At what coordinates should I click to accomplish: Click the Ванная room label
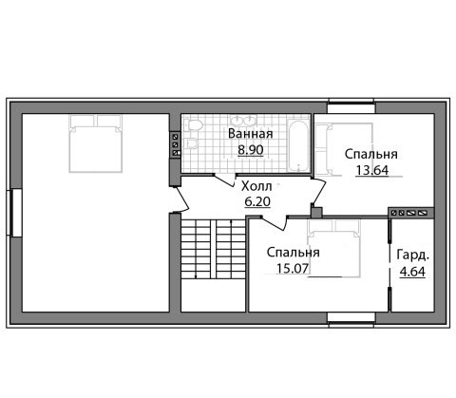pyautogui.click(x=250, y=134)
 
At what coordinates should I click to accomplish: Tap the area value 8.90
pyautogui.click(x=251, y=150)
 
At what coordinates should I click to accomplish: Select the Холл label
pyautogui.click(x=256, y=186)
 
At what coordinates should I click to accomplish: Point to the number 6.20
pyautogui.click(x=257, y=201)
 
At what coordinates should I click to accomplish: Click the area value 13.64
pyautogui.click(x=372, y=170)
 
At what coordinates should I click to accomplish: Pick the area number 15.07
pyautogui.click(x=293, y=269)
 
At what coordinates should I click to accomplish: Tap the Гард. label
pyautogui.click(x=413, y=256)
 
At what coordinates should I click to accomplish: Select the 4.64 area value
pyautogui.click(x=412, y=272)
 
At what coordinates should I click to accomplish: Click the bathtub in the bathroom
pyautogui.click(x=298, y=146)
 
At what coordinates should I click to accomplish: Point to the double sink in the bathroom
pyautogui.click(x=243, y=120)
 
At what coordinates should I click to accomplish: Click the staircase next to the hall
pyautogui.click(x=213, y=249)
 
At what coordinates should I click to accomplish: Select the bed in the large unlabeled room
pyautogui.click(x=96, y=143)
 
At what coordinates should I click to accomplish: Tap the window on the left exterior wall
pyautogui.click(x=14, y=213)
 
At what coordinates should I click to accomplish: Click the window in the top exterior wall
pyautogui.click(x=351, y=106)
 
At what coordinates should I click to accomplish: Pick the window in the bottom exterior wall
pyautogui.click(x=351, y=319)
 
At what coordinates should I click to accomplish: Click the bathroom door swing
pyautogui.click(x=225, y=180)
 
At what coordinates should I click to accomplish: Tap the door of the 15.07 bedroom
pyautogui.click(x=275, y=222)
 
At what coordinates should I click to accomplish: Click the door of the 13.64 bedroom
pyautogui.click(x=318, y=191)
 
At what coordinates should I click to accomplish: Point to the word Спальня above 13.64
pyautogui.click(x=371, y=154)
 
